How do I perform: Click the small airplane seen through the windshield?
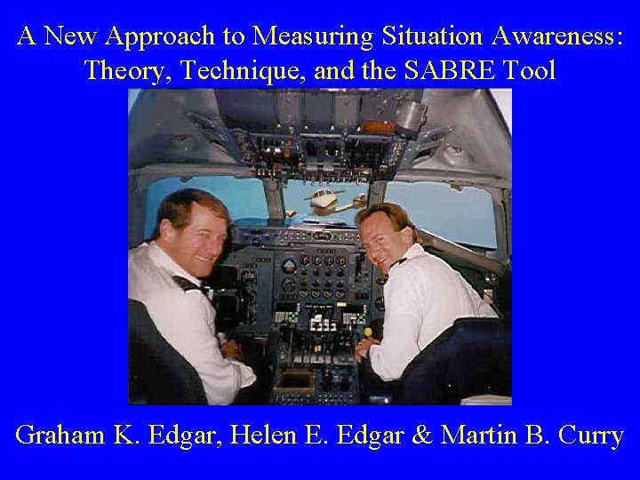322,198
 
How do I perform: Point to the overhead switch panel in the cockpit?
320,133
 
